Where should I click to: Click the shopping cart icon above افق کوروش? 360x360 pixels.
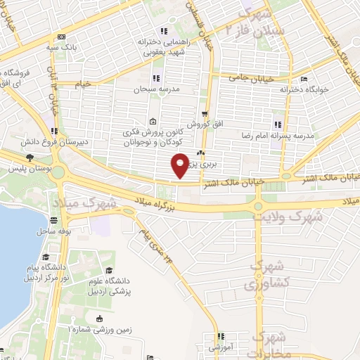(204, 113)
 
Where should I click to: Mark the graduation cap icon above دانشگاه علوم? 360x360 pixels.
(108, 271)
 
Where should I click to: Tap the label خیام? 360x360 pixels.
(84, 84)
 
